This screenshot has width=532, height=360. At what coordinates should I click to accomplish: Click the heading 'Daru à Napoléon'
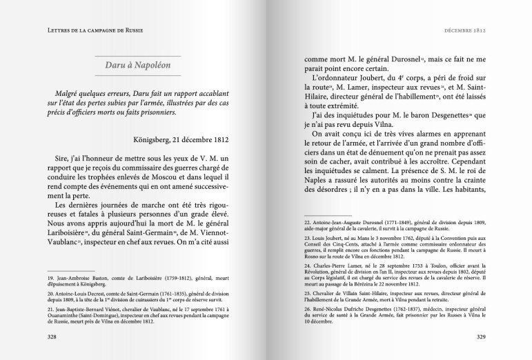[x=136, y=67]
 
